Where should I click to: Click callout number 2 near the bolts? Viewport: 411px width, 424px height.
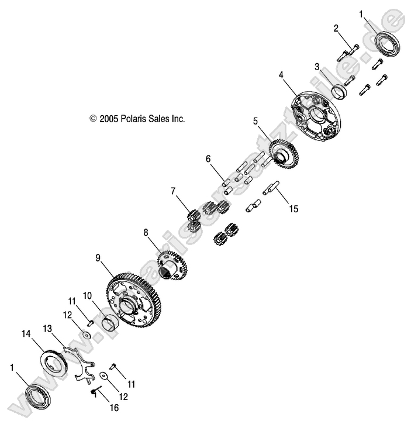coord(336,27)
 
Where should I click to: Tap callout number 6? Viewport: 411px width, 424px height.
coord(207,158)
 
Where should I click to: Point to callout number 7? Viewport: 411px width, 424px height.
coord(173,191)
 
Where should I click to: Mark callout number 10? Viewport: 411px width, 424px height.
coord(87,295)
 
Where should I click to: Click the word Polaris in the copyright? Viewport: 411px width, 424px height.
coord(136,118)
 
